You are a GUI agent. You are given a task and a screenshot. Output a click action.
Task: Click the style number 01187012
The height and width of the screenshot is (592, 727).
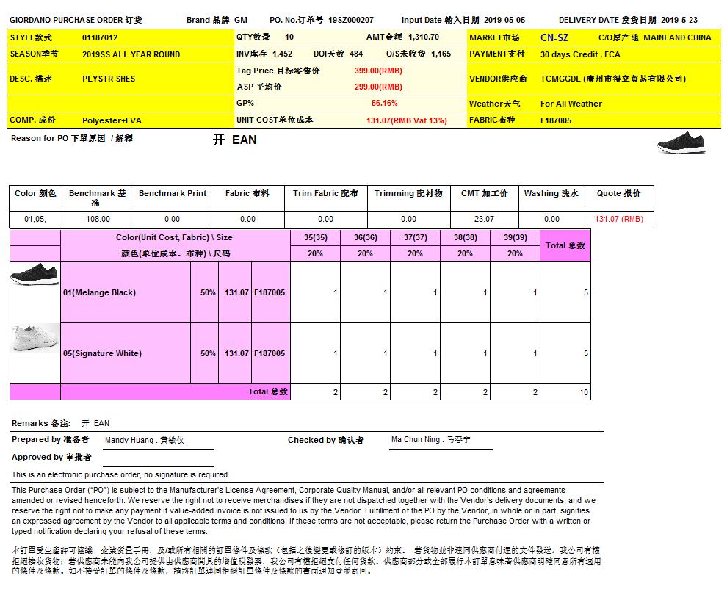pos(100,37)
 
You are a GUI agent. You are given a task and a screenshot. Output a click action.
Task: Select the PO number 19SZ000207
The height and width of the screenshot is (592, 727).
pos(351,20)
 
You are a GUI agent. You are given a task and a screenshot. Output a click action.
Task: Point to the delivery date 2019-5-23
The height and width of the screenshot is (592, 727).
pos(680,20)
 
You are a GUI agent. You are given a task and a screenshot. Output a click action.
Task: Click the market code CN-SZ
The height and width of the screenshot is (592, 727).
pos(554,37)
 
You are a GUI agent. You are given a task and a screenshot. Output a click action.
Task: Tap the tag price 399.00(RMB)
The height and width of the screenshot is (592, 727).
pos(378,71)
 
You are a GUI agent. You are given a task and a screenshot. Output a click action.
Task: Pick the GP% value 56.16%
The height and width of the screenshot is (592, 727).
pos(384,104)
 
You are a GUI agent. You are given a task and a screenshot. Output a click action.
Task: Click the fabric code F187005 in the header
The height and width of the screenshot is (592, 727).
pos(556,120)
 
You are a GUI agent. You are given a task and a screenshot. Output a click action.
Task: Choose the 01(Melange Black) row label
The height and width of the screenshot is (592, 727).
pos(99,292)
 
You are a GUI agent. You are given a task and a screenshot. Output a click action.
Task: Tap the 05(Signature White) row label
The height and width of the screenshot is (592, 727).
pos(102,353)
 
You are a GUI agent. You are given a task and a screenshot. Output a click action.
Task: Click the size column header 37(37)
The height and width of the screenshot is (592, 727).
pos(415,237)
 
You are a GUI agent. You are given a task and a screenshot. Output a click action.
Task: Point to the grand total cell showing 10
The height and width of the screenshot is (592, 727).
pos(584,393)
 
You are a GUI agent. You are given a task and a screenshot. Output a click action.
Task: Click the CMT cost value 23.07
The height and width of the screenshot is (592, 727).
pos(484,219)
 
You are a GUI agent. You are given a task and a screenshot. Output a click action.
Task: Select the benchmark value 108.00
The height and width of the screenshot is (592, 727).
pos(98,219)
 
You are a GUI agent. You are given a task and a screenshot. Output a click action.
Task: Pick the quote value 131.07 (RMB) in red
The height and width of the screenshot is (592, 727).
pos(618,219)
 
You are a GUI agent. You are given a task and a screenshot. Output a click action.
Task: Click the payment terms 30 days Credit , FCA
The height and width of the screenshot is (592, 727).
pos(580,54)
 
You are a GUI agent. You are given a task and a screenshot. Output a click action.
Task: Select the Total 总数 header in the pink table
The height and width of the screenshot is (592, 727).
pos(565,245)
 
